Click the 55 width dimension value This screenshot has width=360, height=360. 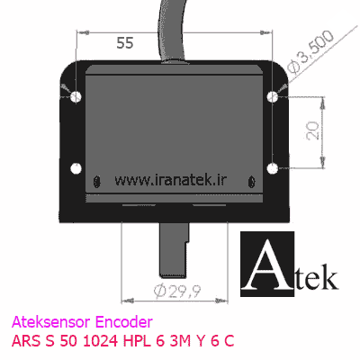(125, 43)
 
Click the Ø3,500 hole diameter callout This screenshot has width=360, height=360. (310, 51)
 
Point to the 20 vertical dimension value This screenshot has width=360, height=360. (313, 130)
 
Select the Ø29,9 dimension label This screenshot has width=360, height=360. (177, 291)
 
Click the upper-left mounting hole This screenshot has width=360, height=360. (76, 96)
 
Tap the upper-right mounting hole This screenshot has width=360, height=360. (273, 96)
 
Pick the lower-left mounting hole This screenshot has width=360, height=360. (76, 168)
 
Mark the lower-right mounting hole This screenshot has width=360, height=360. (273, 168)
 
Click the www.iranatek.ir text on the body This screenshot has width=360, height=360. (171, 180)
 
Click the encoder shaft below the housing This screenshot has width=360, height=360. (174, 249)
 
